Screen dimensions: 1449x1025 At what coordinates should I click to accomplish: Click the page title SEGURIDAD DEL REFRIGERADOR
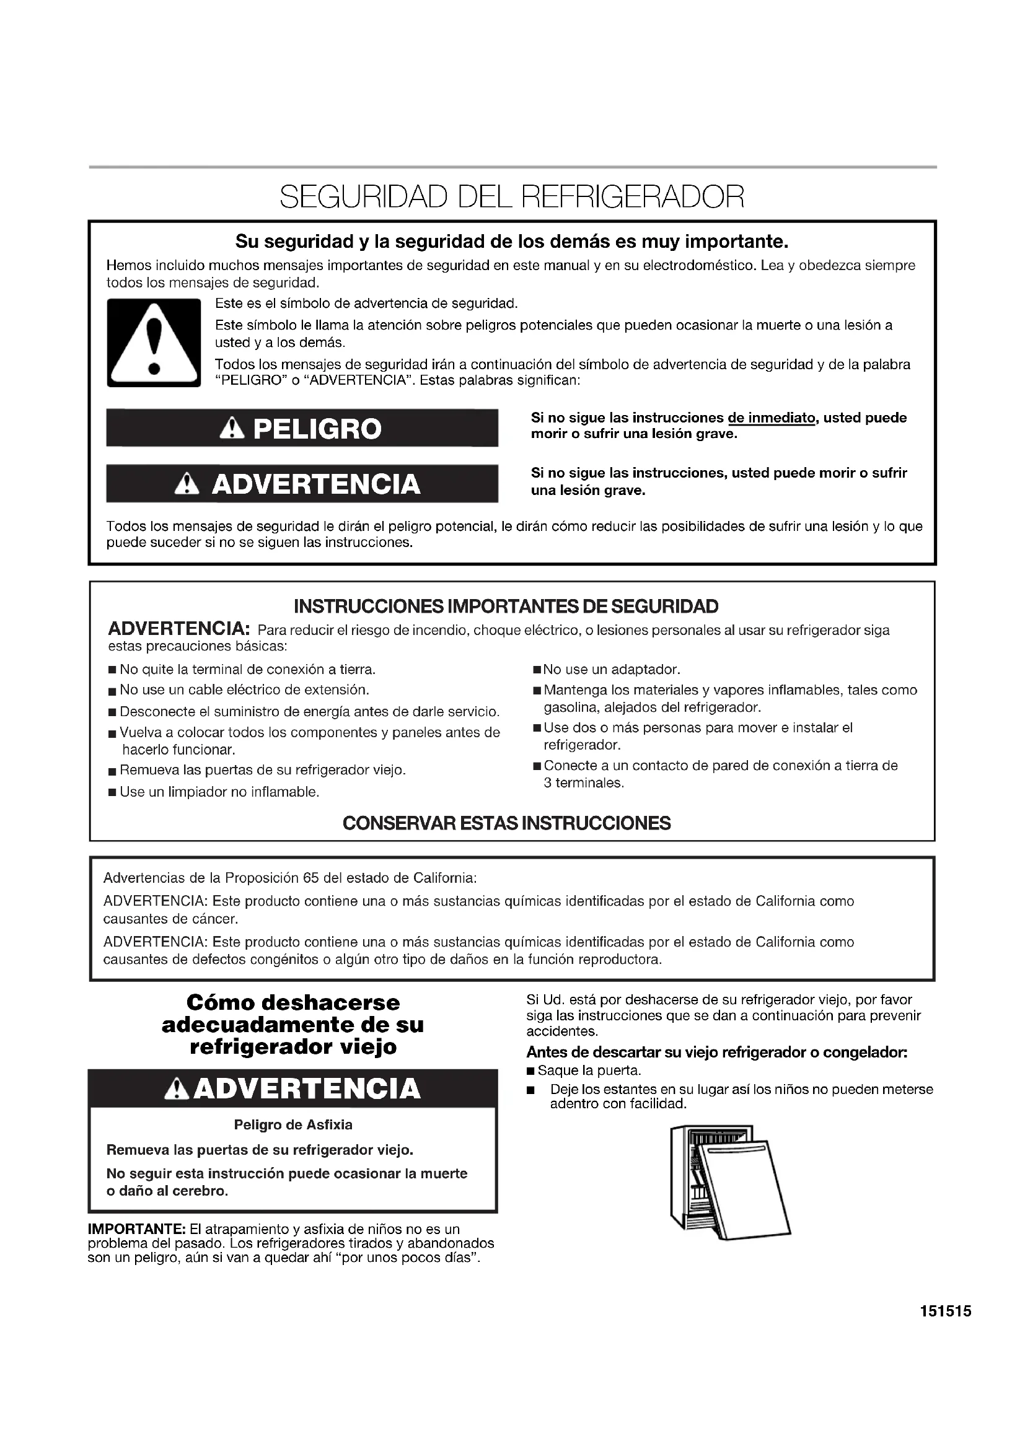coord(512,197)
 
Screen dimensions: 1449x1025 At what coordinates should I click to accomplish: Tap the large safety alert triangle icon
coord(153,343)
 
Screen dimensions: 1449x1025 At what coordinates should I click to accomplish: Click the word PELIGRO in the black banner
coord(317,429)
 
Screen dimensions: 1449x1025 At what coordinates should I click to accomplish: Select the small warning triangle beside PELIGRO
coord(233,429)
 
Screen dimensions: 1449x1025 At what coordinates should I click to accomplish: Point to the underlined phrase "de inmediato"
coord(771,418)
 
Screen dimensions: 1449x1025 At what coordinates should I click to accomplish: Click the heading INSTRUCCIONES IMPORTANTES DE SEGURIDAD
coord(506,606)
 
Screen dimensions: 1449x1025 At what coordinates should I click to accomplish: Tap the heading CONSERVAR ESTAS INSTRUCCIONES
coord(506,823)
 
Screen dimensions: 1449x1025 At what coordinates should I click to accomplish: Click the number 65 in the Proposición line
coord(311,878)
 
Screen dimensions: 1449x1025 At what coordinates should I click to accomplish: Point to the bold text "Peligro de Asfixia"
coord(293,1124)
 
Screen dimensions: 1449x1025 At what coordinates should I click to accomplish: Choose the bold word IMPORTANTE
coord(136,1228)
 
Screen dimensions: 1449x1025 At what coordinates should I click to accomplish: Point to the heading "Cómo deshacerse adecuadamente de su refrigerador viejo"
coord(293,1023)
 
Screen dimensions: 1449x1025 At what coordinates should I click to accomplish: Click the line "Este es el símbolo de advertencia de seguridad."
coord(366,304)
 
